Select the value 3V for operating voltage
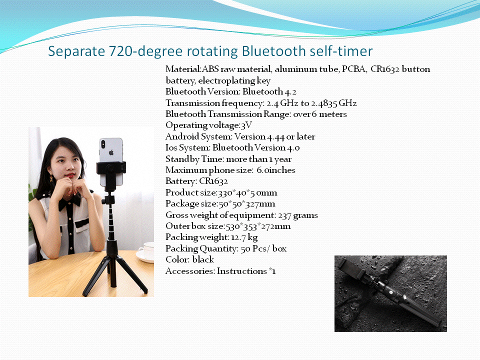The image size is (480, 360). coord(246,125)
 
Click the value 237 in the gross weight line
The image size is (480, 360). coord(284,215)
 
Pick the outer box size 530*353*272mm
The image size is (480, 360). coord(258,226)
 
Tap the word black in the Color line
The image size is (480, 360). coord(203,259)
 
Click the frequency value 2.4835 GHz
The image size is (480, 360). coord(334,103)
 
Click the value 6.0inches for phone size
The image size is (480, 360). coord(276,170)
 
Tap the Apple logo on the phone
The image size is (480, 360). coord(111,152)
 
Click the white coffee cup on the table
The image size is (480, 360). coord(146,251)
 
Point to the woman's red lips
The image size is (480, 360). coord(70,175)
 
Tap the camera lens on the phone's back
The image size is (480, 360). coord(103,142)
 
